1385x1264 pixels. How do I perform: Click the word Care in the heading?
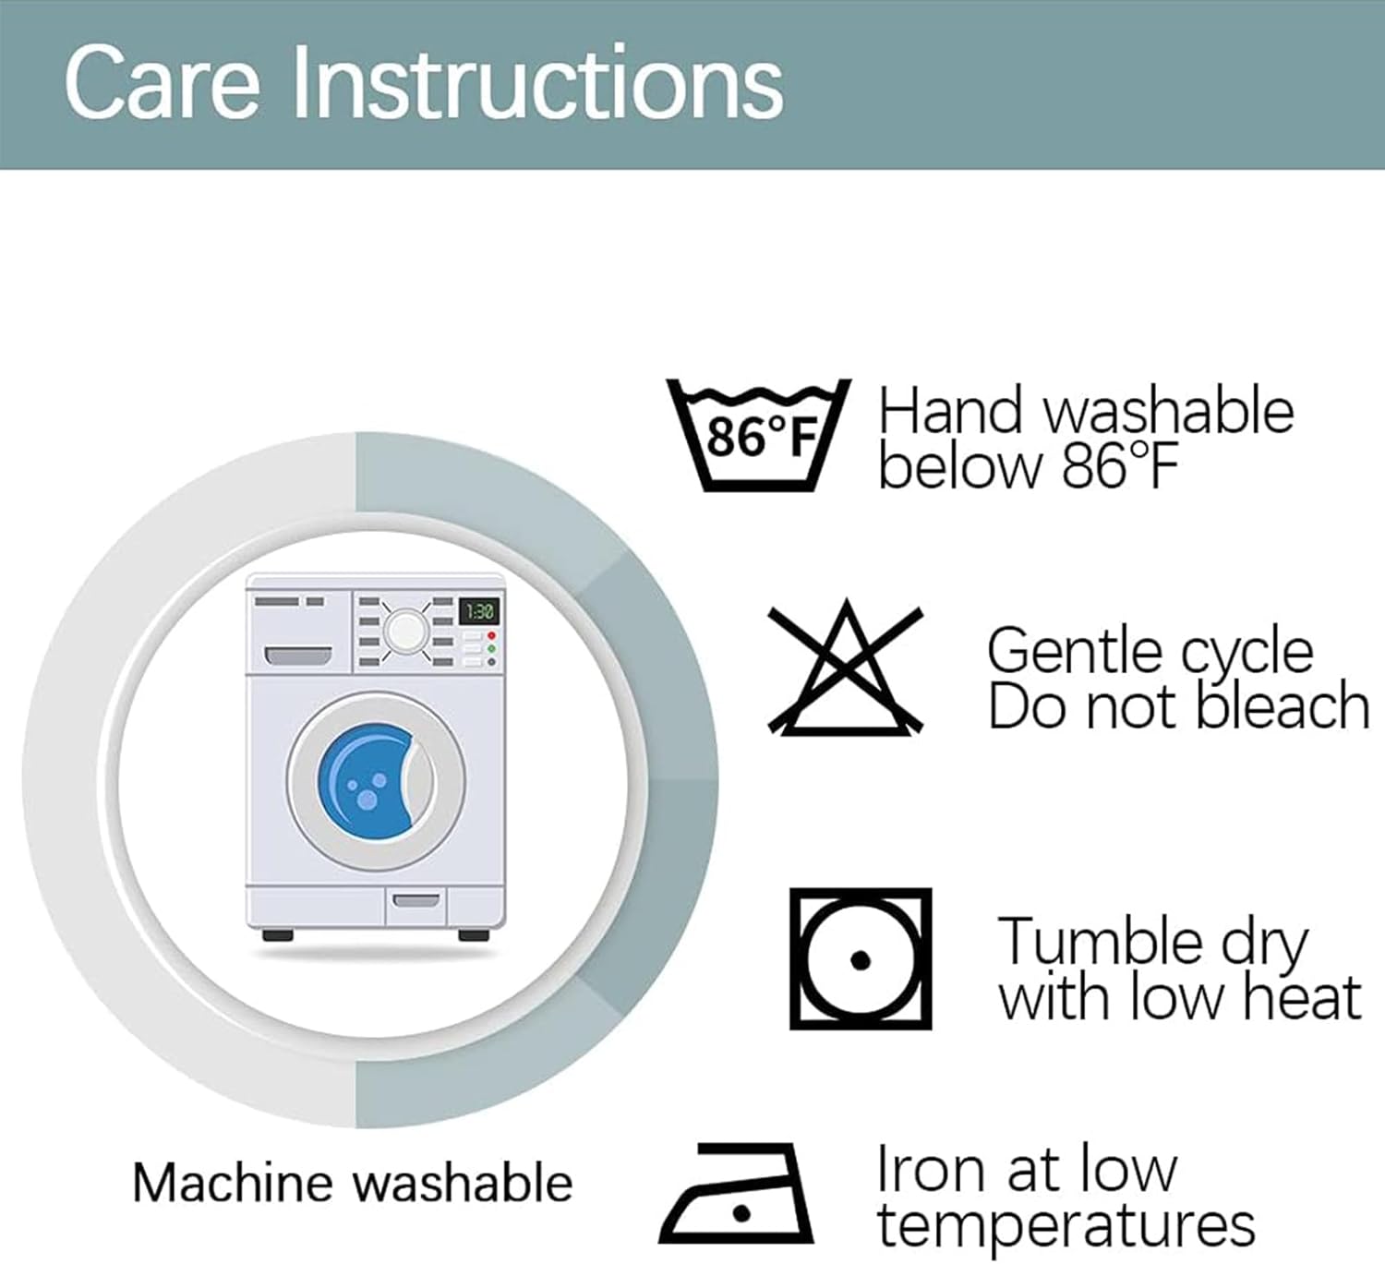point(163,84)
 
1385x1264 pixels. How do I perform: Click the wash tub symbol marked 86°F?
point(759,435)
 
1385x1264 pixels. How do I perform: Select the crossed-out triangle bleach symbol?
point(846,668)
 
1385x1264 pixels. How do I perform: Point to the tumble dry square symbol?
point(861,959)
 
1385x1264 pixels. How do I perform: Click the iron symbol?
point(736,1194)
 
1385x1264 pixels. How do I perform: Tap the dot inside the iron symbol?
point(742,1214)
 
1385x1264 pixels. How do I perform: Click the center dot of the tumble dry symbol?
point(861,960)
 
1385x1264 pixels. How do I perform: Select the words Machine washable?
point(352,1183)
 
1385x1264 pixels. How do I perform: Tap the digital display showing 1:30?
point(479,611)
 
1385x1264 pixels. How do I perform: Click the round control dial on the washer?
point(404,632)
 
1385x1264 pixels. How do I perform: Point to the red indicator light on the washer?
point(491,635)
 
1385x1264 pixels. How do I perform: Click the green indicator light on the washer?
point(491,648)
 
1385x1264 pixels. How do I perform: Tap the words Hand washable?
point(1086,413)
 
